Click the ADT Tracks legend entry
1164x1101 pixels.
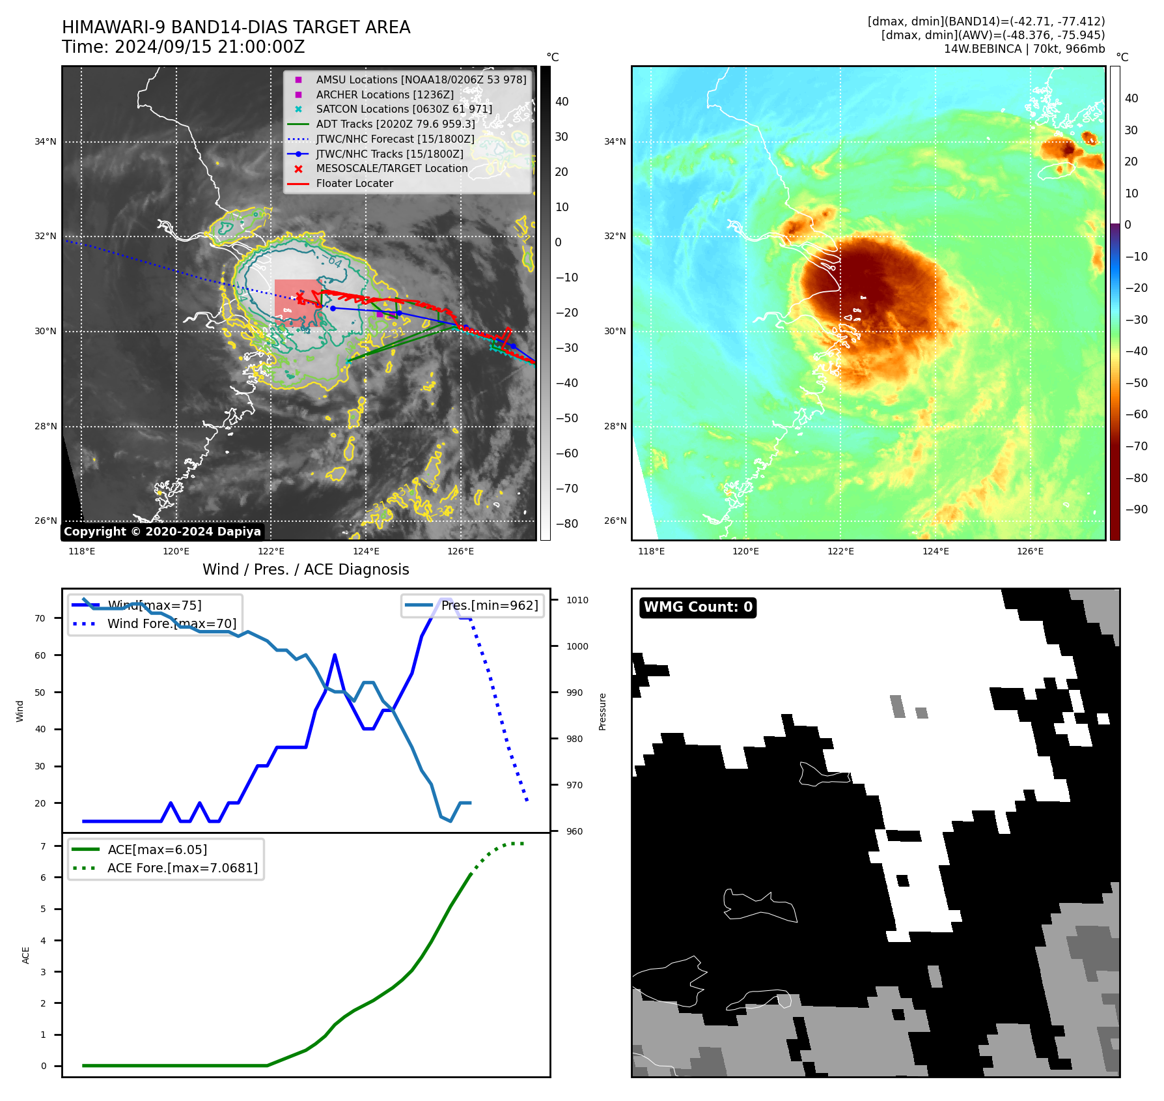point(395,124)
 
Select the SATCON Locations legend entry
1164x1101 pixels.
point(404,109)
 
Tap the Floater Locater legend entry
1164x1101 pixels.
point(354,183)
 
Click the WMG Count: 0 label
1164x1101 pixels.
point(698,607)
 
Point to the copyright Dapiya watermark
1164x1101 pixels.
point(162,532)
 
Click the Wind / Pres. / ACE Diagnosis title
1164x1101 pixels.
point(305,569)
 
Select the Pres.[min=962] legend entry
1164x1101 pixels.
point(490,605)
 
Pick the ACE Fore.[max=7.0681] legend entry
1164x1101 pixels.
point(182,868)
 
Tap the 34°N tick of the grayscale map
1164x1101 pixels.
point(46,141)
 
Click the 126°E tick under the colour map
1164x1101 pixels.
point(1030,551)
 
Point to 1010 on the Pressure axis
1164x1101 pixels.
point(577,600)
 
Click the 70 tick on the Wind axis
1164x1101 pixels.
point(40,618)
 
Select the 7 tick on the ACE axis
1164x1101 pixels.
point(43,846)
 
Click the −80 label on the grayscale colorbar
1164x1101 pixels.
point(566,524)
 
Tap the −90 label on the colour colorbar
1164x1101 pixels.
point(1136,509)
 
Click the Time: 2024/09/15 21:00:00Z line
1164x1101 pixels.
point(183,47)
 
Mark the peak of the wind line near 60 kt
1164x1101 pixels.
point(335,655)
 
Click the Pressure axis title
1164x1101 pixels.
point(602,711)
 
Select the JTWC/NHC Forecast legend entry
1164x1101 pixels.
point(395,139)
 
